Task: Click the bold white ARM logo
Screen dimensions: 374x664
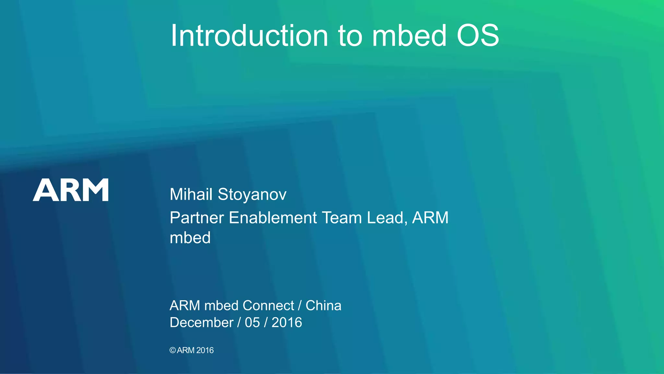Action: point(71,190)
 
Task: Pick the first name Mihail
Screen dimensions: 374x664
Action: point(191,194)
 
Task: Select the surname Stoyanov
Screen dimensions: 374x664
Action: point(252,194)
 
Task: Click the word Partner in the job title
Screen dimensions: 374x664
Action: point(197,218)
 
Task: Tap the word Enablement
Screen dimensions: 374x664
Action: point(273,218)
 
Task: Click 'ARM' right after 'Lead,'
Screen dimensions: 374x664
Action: point(430,218)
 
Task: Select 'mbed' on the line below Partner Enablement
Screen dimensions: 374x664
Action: point(190,238)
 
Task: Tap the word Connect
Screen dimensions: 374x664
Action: point(268,305)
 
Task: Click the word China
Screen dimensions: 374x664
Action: point(323,305)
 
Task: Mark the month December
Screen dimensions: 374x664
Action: point(201,322)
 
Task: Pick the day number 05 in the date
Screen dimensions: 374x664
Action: point(252,322)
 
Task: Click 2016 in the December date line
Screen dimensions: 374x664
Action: point(287,322)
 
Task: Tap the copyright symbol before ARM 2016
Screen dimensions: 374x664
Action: point(172,350)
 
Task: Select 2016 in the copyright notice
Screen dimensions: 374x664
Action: point(205,350)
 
